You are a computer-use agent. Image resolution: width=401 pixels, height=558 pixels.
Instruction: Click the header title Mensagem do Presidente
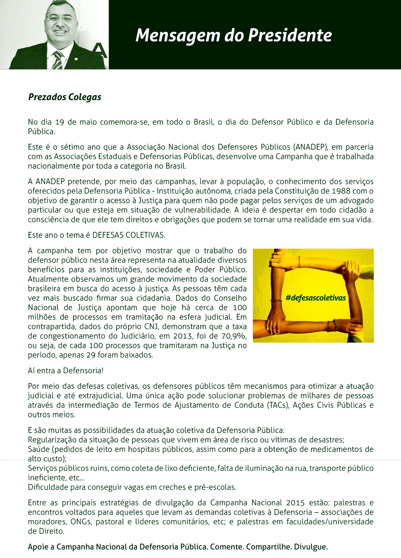coord(234,35)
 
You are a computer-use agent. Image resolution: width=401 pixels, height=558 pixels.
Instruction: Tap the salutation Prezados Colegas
coord(65,97)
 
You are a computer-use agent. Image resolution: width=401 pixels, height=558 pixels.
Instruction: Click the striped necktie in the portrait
coord(57,60)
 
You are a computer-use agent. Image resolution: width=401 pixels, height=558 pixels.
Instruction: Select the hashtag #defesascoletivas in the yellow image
coord(316,298)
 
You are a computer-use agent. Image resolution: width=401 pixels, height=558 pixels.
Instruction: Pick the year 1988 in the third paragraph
coord(341,191)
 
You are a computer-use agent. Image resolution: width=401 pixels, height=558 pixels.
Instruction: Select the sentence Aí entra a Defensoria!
coord(65,370)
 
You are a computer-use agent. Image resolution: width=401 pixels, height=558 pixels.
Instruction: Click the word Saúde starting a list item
coord(39,449)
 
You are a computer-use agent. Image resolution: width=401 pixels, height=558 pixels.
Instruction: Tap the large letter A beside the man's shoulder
coord(100,50)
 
